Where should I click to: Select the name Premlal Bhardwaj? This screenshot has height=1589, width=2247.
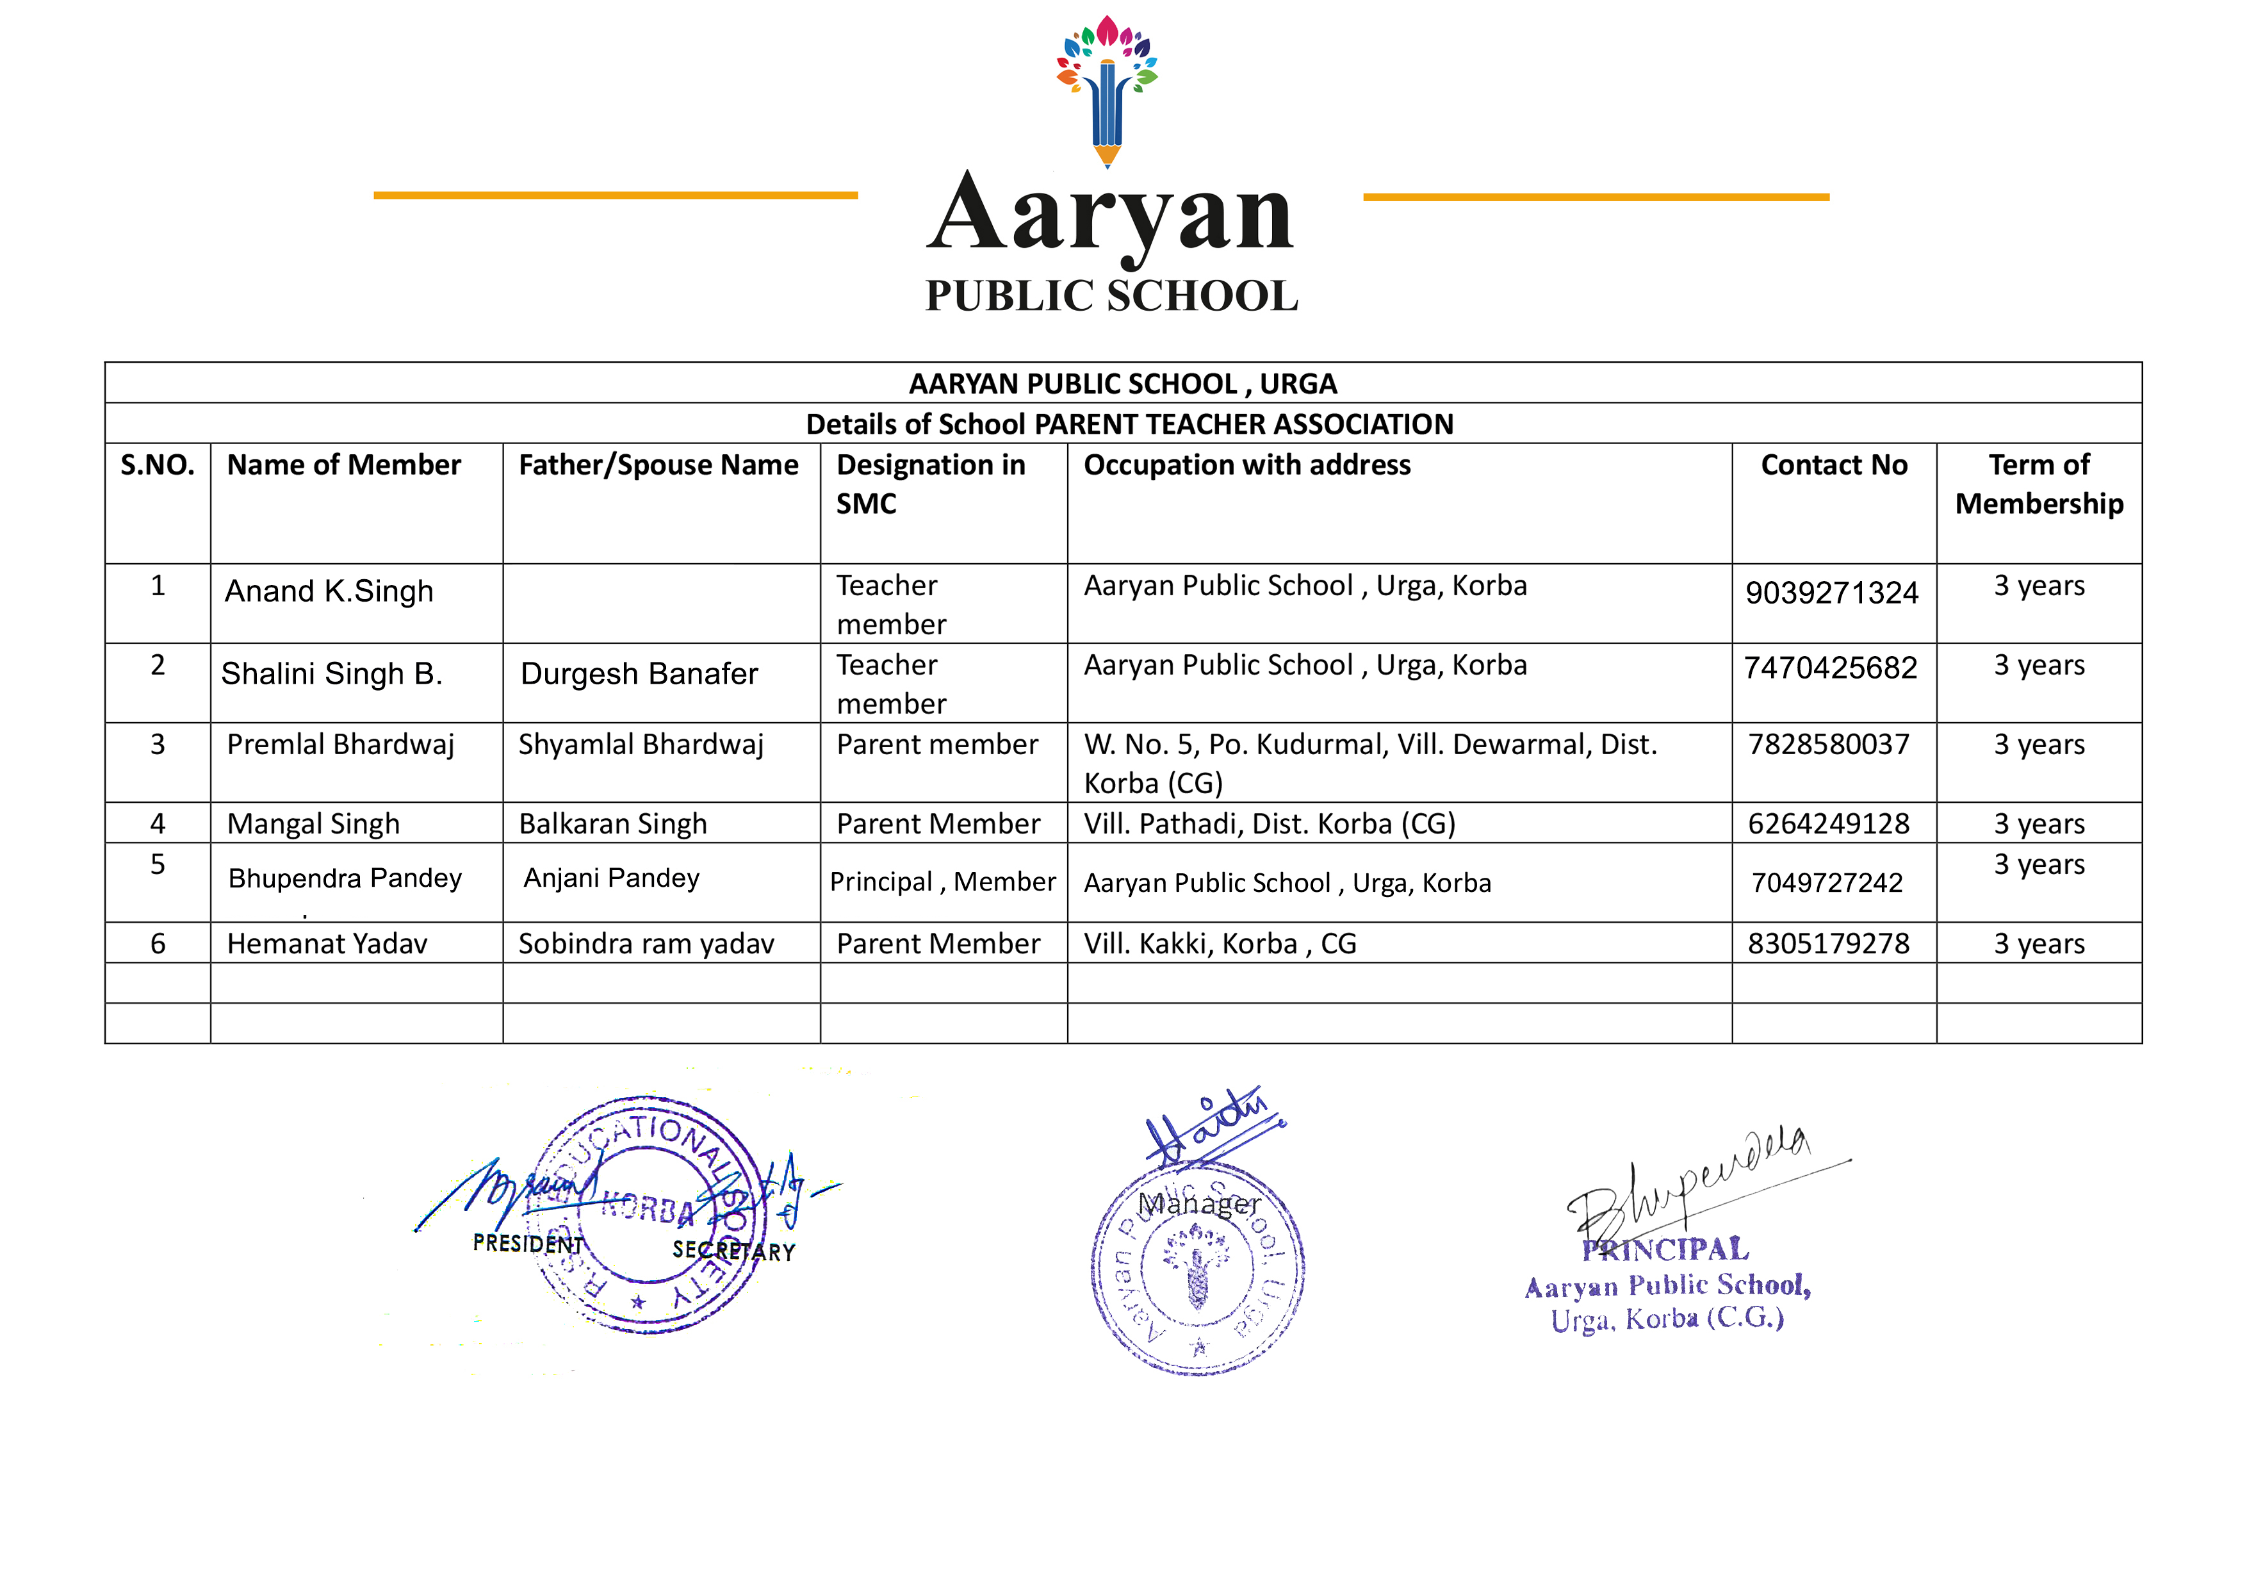click(x=341, y=745)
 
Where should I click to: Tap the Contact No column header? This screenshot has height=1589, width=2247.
click(x=1833, y=465)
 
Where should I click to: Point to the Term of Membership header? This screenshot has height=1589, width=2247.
click(x=2039, y=484)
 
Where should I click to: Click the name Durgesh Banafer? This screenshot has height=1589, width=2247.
click(x=639, y=673)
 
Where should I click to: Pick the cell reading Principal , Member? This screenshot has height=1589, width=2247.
click(x=942, y=882)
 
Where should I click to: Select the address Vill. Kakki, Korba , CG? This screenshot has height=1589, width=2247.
click(x=1220, y=944)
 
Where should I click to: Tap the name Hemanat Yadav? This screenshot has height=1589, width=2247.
click(x=327, y=944)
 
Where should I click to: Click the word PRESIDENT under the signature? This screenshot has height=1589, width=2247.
click(x=528, y=1244)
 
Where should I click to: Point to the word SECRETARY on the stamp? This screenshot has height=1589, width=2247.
click(x=733, y=1251)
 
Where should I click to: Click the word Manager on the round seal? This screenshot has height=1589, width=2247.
click(x=1199, y=1204)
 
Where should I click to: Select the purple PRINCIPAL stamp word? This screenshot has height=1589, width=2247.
click(x=1665, y=1249)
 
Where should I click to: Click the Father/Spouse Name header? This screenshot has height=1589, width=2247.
click(x=658, y=465)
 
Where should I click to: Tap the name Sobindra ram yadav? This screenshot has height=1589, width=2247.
click(x=646, y=944)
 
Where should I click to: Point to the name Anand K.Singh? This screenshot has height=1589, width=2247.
click(x=329, y=591)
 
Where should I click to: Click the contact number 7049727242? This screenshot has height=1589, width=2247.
click(x=1826, y=883)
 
